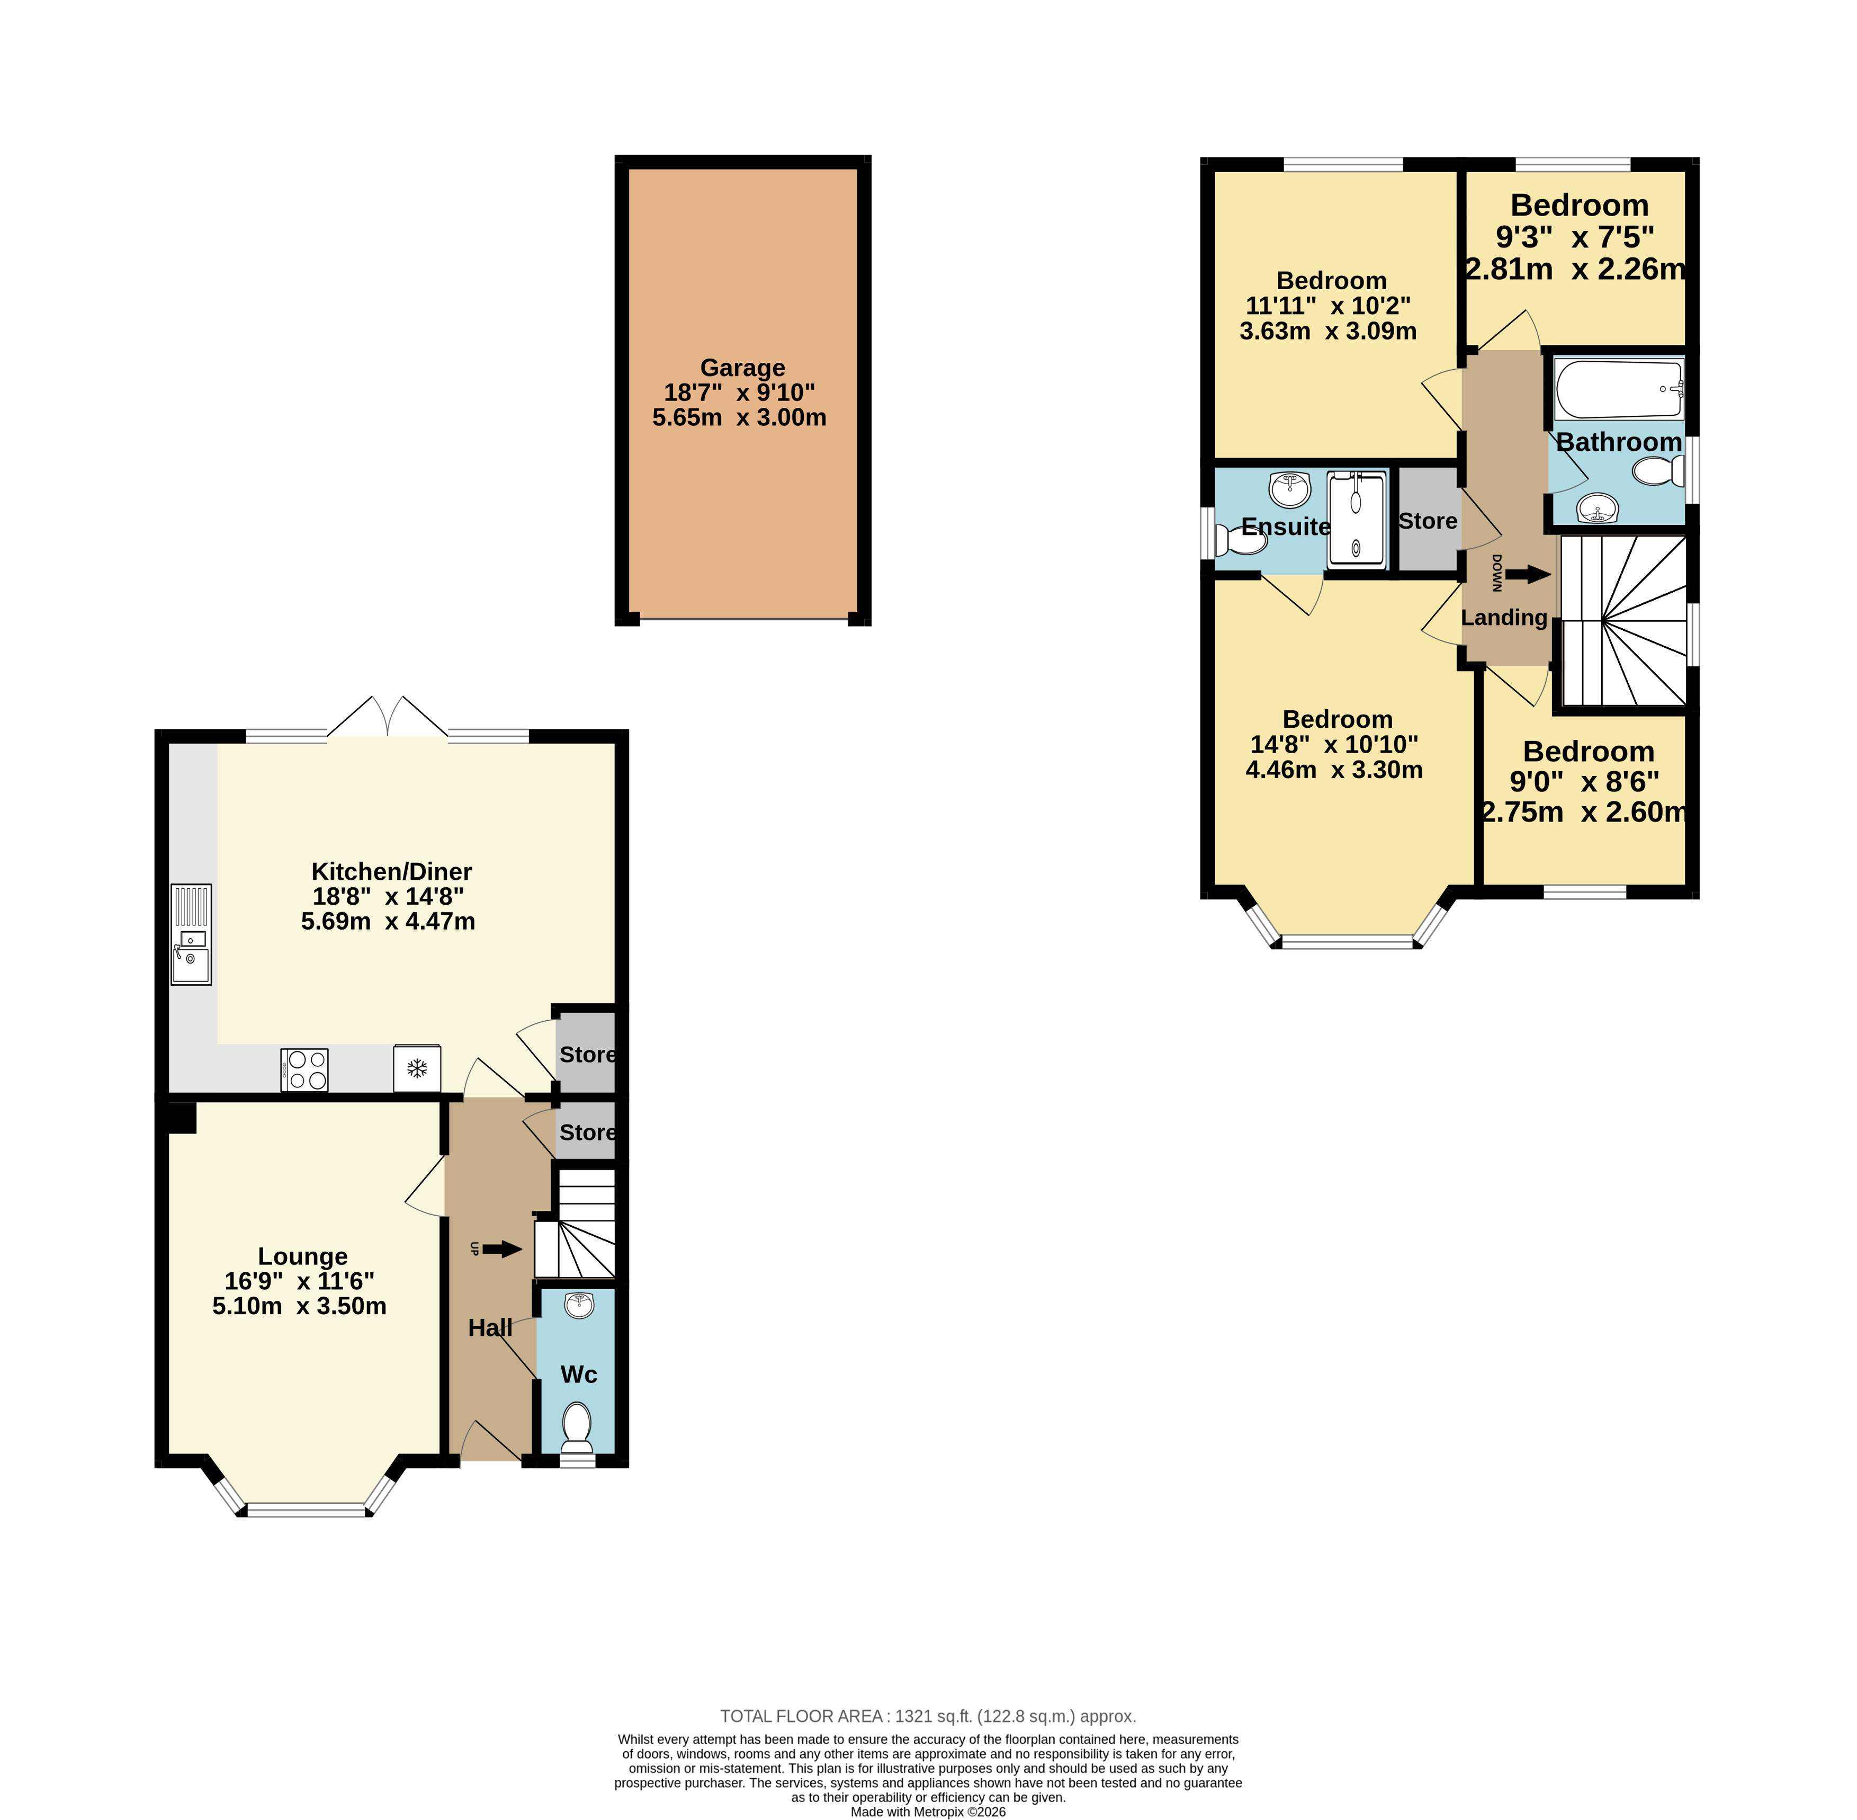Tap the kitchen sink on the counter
[191, 934]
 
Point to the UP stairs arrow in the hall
[503, 1248]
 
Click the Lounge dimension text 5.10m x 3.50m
[299, 1306]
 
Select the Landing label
[1503, 618]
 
